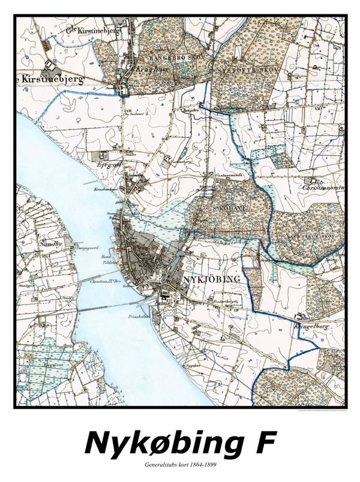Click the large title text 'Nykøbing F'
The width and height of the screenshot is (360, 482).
[x=180, y=444]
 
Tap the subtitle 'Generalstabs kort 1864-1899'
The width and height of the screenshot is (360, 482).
[x=180, y=465]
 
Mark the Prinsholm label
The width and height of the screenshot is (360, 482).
[x=139, y=316]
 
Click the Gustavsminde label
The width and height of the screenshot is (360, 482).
[x=227, y=174]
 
